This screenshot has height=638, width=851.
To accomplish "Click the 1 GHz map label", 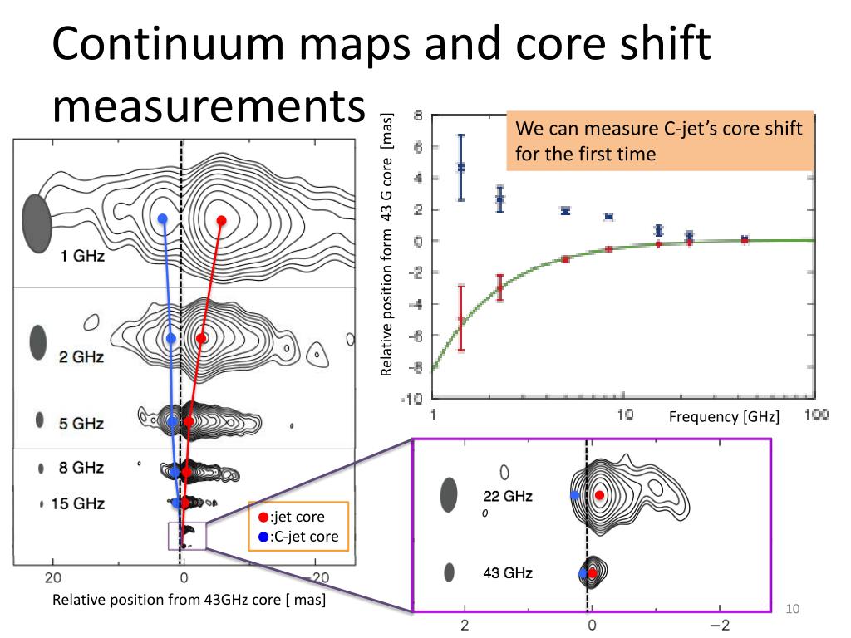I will [x=81, y=257].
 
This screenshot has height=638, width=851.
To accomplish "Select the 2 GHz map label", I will [x=81, y=357].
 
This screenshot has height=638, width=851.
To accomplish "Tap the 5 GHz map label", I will [x=81, y=424].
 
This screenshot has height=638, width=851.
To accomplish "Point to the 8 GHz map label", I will [x=81, y=468].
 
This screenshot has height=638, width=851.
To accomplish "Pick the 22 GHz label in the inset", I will [x=508, y=497].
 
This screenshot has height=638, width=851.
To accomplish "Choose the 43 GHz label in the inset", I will [x=508, y=573].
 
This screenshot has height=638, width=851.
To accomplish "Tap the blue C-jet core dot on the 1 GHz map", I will [x=163, y=219].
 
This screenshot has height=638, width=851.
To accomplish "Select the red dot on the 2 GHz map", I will [x=201, y=339].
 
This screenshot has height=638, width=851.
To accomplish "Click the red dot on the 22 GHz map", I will [x=600, y=495].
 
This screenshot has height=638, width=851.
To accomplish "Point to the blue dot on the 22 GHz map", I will [x=574, y=495].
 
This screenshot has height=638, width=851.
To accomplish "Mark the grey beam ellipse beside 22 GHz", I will [x=449, y=495].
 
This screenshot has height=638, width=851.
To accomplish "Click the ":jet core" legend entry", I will [x=296, y=518].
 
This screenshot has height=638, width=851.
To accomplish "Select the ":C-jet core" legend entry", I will [x=300, y=537].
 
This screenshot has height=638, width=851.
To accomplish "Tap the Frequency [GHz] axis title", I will [x=724, y=417].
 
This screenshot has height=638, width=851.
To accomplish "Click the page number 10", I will [x=791, y=611].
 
